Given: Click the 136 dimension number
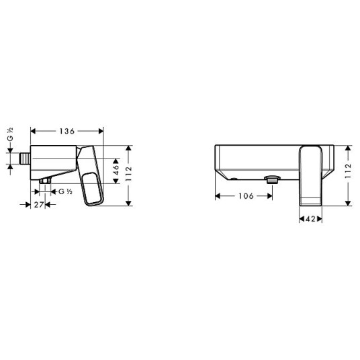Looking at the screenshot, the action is coord(67,131).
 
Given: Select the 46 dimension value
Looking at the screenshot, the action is coord(116,169).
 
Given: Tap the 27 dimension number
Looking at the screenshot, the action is coord(39,205).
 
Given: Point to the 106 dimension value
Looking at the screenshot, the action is coord(246,196).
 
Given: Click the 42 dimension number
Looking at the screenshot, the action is coord(310,219).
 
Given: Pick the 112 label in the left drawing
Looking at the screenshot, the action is coord(129,173).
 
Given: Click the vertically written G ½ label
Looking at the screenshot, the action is coord(10,134).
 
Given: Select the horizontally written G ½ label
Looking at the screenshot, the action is coord(65,191).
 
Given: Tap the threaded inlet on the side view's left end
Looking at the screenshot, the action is coord(25,159).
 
